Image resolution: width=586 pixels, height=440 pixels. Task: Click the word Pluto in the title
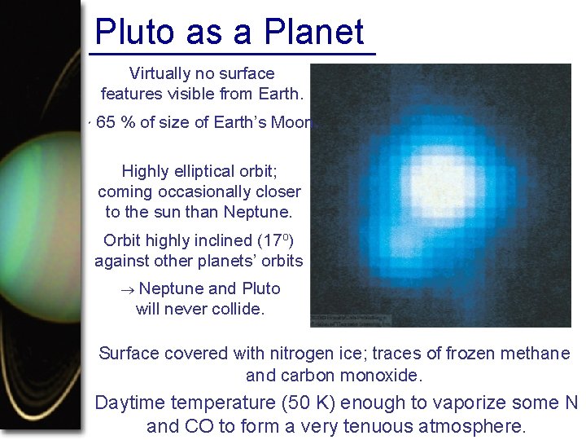[133, 32]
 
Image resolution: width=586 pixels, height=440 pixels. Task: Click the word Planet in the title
[313, 32]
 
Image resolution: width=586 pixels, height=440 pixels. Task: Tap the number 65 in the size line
[106, 123]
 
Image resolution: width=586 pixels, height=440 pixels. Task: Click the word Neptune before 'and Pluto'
[171, 288]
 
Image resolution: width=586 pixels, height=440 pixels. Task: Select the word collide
[236, 310]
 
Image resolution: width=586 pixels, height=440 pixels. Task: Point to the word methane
[537, 354]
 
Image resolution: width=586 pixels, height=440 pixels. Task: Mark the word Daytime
[139, 403]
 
